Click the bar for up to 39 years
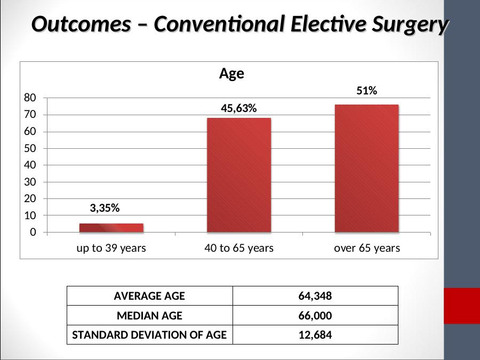(111, 228)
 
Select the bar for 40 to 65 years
(239, 175)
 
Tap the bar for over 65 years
(367, 169)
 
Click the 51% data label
(367, 91)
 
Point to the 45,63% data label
(239, 108)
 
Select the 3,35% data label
(105, 208)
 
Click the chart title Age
(232, 74)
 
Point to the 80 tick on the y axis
(30, 98)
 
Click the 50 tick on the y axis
(30, 148)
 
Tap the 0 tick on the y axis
(33, 233)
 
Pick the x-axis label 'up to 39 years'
(111, 248)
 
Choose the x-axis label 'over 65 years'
(367, 248)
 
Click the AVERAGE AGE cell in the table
(149, 296)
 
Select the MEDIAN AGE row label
(149, 316)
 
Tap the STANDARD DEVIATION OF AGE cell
(149, 335)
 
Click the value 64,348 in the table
(315, 296)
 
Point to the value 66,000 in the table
(315, 316)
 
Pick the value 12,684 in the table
(315, 335)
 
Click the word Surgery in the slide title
(410, 25)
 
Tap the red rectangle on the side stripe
(462, 306)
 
